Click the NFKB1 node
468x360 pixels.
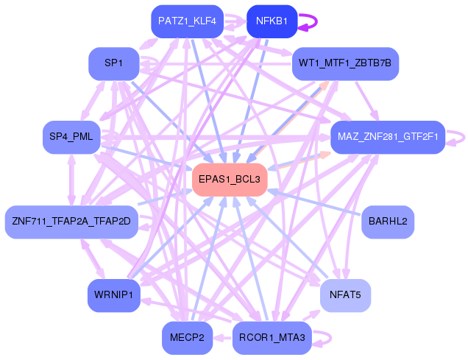[x=272, y=21]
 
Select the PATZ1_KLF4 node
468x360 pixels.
[x=187, y=21]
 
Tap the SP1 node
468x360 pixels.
[x=113, y=64]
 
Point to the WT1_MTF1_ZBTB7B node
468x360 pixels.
[x=345, y=64]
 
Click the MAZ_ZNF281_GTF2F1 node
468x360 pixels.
[x=387, y=137]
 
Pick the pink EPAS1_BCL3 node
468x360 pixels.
[x=229, y=179]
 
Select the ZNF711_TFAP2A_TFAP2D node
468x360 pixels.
[x=71, y=221]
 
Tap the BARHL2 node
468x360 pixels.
[x=388, y=221]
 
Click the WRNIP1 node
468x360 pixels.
[x=113, y=295]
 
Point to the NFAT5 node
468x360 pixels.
[x=345, y=295]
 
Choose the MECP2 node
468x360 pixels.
[x=187, y=338]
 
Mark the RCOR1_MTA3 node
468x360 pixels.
[x=272, y=338]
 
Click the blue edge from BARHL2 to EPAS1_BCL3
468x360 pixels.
[x=316, y=202]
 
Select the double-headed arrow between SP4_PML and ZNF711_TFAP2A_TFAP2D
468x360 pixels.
[x=71, y=179]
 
